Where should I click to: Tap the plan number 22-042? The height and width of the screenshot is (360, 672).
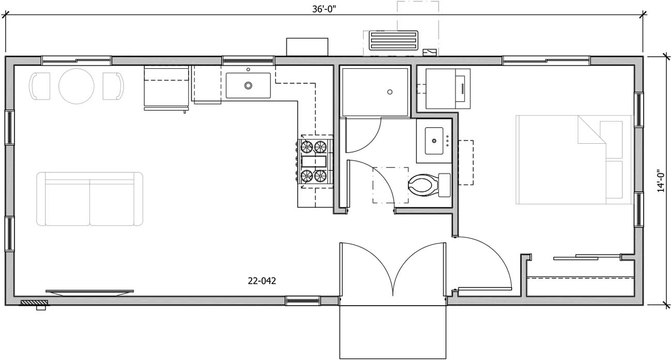pyautogui.click(x=262, y=281)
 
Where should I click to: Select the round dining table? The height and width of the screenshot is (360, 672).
pyautogui.click(x=77, y=86)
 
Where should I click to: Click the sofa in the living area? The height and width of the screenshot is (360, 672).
pyautogui.click(x=89, y=199)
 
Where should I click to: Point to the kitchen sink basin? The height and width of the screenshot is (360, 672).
pyautogui.click(x=248, y=85)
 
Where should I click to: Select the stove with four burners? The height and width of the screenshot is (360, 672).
pyautogui.click(x=314, y=161)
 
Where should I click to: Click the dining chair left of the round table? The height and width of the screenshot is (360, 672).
pyautogui.click(x=40, y=86)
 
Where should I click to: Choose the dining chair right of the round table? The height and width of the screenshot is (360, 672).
pyautogui.click(x=114, y=86)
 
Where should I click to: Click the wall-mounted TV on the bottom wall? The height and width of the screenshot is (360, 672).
pyautogui.click(x=89, y=292)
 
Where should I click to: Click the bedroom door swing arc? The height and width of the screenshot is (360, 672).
pyautogui.click(x=491, y=253)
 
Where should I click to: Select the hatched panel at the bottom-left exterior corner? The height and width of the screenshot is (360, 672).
pyautogui.click(x=34, y=303)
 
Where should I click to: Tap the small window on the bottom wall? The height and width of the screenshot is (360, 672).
pyautogui.click(x=303, y=301)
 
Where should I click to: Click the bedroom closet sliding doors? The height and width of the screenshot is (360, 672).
pyautogui.click(x=587, y=257)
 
